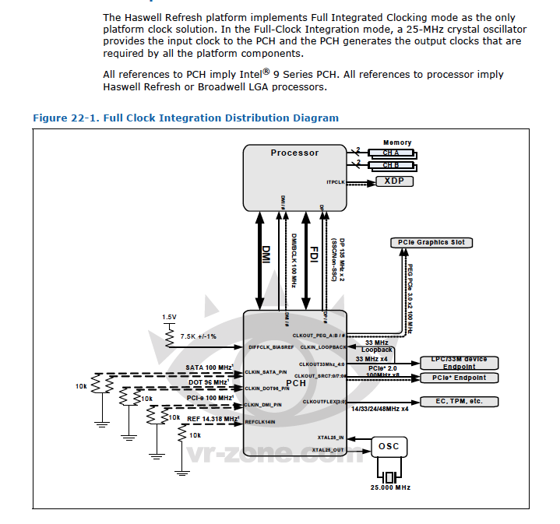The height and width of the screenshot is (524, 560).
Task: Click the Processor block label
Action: tap(294, 153)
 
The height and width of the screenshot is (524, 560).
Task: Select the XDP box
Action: tap(395, 181)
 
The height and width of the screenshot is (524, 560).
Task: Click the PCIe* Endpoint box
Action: tap(460, 378)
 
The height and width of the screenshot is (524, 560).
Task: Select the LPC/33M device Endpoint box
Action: tap(460, 362)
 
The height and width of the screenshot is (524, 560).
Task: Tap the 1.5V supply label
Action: tap(169, 317)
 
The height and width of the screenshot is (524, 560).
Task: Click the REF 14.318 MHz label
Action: tap(213, 418)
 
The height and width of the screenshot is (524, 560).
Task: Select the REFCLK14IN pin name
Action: tap(261, 423)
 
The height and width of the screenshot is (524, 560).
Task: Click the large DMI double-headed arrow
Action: tap(263, 250)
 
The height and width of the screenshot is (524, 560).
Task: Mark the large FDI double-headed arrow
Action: tap(308, 250)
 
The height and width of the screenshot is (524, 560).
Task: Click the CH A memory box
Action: tap(391, 153)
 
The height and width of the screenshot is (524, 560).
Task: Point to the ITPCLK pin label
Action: tap(335, 181)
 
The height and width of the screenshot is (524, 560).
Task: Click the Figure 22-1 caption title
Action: tap(185, 118)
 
